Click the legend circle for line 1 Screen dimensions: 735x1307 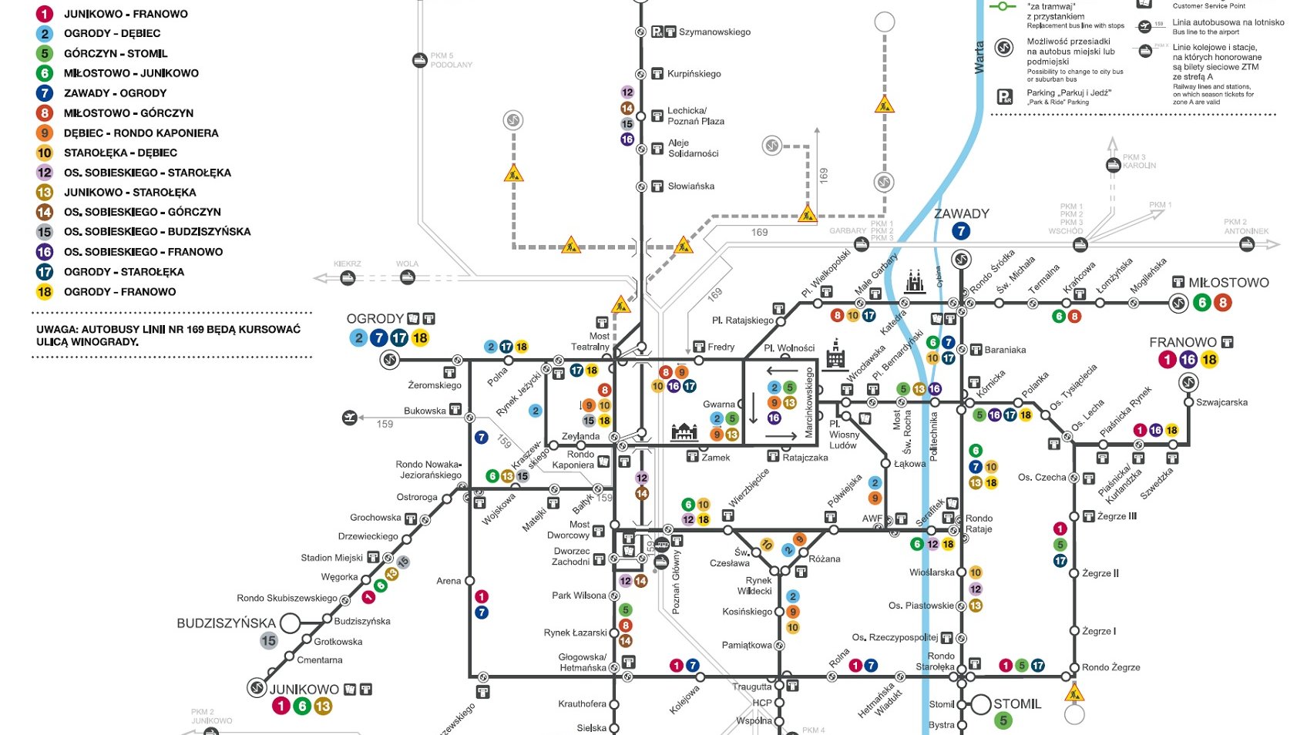(x=45, y=14)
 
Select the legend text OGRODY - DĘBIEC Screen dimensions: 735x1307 (x=112, y=34)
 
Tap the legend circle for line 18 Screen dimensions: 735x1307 (x=45, y=292)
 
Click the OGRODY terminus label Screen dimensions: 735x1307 (x=375, y=319)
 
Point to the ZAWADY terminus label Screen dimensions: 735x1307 (x=961, y=214)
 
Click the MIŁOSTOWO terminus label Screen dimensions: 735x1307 (x=1228, y=283)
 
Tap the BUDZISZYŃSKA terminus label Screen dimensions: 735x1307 (x=226, y=623)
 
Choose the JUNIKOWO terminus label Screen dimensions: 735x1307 (x=304, y=690)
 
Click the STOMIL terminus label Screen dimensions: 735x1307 (x=1017, y=704)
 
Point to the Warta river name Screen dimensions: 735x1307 (x=979, y=58)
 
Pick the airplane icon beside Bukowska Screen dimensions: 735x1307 (x=350, y=418)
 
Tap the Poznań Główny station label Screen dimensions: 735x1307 (x=676, y=582)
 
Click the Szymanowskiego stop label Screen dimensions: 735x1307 (x=714, y=32)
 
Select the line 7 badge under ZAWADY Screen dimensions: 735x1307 (x=960, y=231)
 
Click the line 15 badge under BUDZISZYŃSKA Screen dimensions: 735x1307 (x=268, y=641)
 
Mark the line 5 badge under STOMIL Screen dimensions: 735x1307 (x=1002, y=721)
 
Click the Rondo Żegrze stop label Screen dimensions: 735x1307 (x=1110, y=667)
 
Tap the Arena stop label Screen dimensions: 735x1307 (x=449, y=581)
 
